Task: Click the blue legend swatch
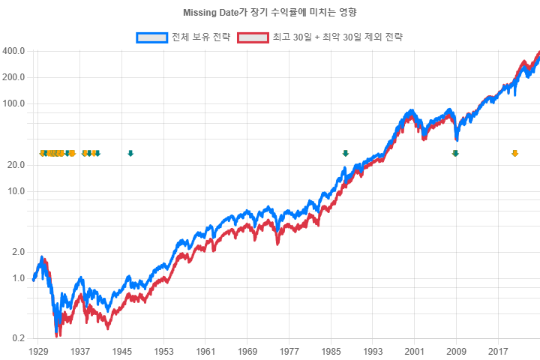152,37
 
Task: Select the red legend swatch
252,37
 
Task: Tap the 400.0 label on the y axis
15,51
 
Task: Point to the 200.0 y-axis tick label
15,77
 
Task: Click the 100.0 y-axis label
15,103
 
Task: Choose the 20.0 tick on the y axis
17,164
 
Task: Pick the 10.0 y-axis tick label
17,190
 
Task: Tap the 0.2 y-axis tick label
19,339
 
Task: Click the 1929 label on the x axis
38,351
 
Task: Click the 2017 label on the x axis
498,351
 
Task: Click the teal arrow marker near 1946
130,154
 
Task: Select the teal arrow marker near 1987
346,154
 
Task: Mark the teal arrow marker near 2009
455,154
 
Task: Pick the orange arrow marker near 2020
514,154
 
